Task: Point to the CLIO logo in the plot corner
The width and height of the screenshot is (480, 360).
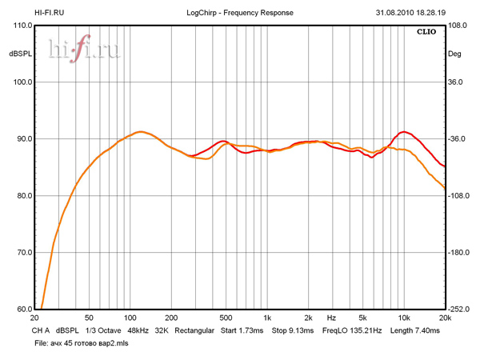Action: coord(426,33)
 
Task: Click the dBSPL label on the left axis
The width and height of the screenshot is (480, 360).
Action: coord(19,54)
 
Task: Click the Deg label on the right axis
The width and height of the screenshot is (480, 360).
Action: coord(456,54)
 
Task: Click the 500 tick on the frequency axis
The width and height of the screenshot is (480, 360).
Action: coord(226,318)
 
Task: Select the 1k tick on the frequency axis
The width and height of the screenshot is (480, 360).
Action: coord(267,318)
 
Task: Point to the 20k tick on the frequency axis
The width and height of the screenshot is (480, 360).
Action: coord(444,318)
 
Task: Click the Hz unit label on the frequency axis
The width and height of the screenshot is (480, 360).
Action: coord(330,318)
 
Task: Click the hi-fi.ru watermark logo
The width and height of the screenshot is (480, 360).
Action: coord(83,50)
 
